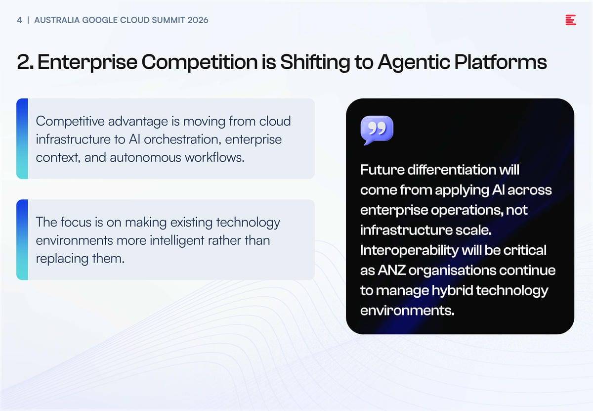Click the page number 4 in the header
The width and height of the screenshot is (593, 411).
(x=19, y=20)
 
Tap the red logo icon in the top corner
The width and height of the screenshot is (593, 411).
(x=570, y=20)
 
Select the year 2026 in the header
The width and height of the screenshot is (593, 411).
(x=198, y=20)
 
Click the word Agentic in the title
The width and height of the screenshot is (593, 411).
(x=414, y=62)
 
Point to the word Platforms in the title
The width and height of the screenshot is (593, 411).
(x=501, y=62)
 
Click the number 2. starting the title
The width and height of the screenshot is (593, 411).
(x=25, y=62)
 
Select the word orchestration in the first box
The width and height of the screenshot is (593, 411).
(x=182, y=139)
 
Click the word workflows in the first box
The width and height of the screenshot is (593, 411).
(x=214, y=157)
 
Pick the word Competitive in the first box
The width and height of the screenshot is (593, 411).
(x=70, y=121)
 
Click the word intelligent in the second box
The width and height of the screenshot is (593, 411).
(x=177, y=240)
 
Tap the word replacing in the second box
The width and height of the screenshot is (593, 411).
(x=62, y=259)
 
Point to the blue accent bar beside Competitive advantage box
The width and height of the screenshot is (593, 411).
(x=22, y=138)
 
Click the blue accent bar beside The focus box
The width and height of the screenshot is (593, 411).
(x=22, y=239)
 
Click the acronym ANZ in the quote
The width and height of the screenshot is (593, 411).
(x=391, y=270)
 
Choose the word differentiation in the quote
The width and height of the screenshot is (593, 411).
(x=452, y=170)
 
